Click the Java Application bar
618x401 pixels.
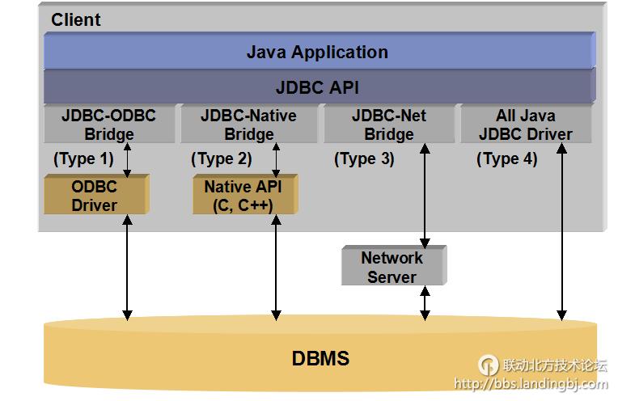[x=318, y=53]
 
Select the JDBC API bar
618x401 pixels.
[x=318, y=87]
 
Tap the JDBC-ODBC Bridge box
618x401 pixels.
[x=109, y=125]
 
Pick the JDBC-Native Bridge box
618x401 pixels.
[x=249, y=125]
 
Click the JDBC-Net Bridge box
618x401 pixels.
[x=388, y=125]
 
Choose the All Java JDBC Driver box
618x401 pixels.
[x=526, y=125]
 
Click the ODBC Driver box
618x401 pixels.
[x=95, y=196]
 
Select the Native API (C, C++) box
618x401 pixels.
[x=244, y=196]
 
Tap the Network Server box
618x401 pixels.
[x=392, y=267]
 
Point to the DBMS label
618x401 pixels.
[x=320, y=358]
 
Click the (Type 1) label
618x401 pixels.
[x=83, y=159]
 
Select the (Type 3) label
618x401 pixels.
[x=364, y=159]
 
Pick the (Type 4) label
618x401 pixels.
[x=506, y=159]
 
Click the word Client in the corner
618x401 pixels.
[x=76, y=19]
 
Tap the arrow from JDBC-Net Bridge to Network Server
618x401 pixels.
[x=425, y=194]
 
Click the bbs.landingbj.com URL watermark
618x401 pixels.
[x=531, y=385]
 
